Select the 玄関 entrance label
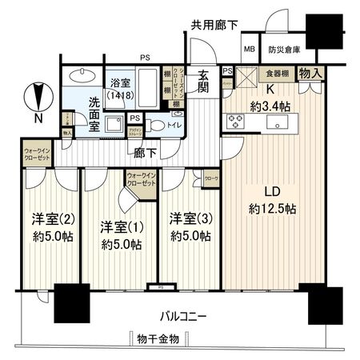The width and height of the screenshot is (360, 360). (203, 80)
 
